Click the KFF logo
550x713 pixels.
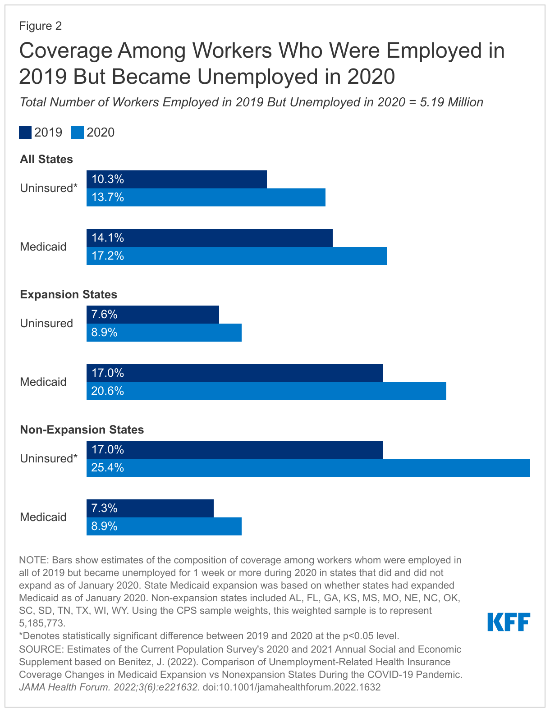click(x=509, y=622)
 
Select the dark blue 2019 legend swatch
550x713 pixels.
click(x=25, y=133)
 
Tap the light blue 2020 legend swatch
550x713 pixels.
click(x=78, y=133)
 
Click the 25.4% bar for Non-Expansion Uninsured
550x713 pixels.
click(x=308, y=468)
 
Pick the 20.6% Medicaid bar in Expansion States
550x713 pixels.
click(x=266, y=391)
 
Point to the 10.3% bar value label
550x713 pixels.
click(x=108, y=179)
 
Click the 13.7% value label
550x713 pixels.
click(x=108, y=197)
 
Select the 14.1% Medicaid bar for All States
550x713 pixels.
click(x=209, y=238)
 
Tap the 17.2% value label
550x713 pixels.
click(x=108, y=256)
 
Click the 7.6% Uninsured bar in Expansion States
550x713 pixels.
click(x=152, y=315)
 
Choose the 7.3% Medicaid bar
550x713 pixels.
click(x=150, y=508)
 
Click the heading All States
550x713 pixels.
click(x=46, y=160)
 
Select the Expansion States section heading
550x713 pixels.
click(x=69, y=295)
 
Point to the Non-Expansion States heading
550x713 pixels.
click(x=82, y=430)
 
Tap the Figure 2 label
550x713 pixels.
click(x=40, y=26)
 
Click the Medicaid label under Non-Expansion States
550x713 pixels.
click(x=43, y=517)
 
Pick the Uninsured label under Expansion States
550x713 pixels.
click(x=46, y=323)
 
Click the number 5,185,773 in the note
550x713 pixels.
click(x=42, y=623)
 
